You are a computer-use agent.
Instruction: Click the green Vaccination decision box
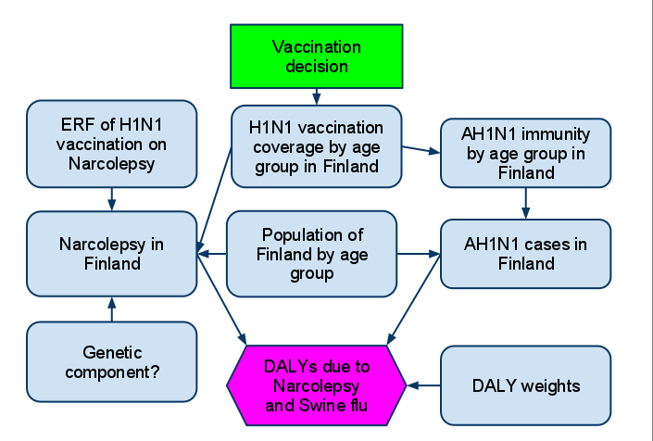point(317,57)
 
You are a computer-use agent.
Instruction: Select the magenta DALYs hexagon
point(317,385)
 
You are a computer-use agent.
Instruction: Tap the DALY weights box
point(525,385)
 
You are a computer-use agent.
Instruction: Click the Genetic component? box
point(111,362)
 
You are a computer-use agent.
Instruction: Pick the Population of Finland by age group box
point(311,254)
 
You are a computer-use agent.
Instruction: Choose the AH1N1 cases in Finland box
point(525,254)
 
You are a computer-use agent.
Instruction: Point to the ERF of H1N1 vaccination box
point(111,144)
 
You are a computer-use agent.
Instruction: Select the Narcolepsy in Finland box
point(111,254)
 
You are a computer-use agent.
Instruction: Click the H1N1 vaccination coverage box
point(317,146)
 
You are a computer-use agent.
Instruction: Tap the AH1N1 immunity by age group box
point(525,153)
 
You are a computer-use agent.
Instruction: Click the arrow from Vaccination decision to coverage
point(317,96)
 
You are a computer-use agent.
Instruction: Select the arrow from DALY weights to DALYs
point(423,385)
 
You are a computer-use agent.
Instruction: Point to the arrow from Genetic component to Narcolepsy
point(111,309)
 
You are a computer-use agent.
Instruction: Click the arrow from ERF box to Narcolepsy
point(111,199)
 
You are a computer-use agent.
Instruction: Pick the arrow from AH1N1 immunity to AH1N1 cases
point(525,204)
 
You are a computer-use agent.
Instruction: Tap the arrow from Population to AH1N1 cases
point(419,254)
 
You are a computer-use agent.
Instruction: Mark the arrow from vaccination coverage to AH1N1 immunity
point(421,149)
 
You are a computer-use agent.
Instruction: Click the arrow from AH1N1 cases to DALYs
point(413,299)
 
